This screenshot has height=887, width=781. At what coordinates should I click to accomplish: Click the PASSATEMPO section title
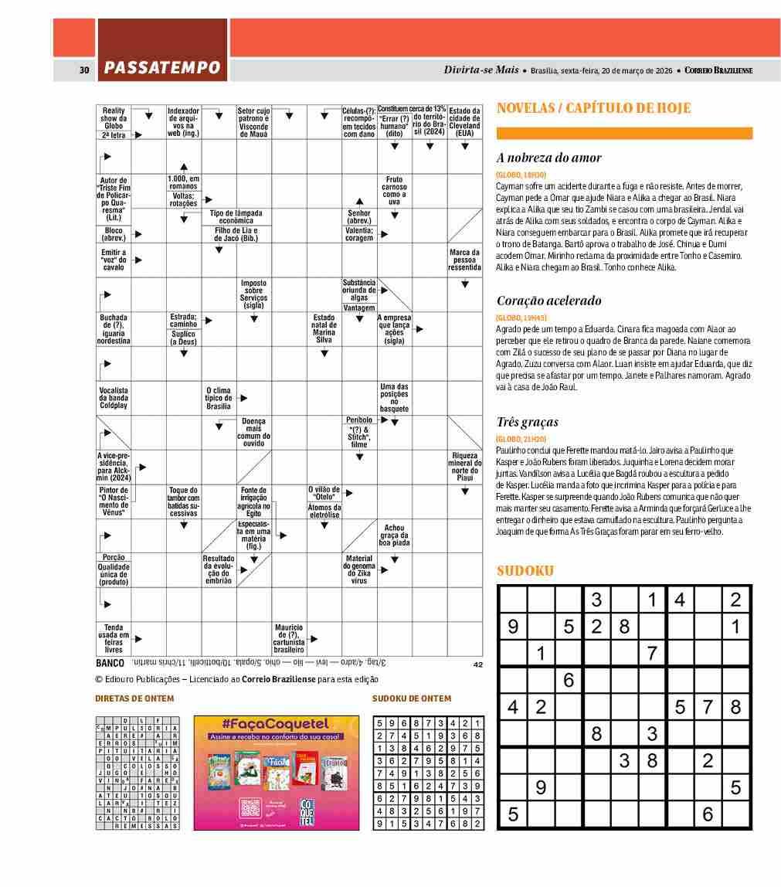[162, 69]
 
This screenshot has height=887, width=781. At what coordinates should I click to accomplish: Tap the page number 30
[84, 70]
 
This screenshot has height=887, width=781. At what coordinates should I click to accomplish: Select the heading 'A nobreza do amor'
[548, 158]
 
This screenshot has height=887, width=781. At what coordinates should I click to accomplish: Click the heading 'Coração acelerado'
[548, 301]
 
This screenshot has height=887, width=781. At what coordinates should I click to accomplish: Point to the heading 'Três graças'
[527, 422]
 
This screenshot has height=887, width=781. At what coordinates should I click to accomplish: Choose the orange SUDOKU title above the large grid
[525, 571]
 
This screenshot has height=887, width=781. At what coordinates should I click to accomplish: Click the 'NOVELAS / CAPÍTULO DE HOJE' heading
[593, 108]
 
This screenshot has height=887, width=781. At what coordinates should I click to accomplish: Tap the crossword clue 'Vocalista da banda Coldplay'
[114, 398]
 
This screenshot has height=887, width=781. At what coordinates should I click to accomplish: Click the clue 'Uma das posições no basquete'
[394, 397]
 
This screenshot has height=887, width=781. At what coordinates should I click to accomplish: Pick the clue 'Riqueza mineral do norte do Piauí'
[464, 467]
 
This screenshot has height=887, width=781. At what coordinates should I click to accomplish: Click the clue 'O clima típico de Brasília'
[219, 398]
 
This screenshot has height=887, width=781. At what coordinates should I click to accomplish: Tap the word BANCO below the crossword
[110, 663]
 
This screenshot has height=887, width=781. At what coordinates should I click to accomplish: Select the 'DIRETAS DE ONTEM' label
[134, 698]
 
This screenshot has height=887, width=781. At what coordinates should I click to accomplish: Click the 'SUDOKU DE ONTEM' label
[412, 698]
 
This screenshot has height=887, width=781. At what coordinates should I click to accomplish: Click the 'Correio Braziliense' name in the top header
[718, 70]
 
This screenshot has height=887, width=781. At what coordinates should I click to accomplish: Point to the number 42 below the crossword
[477, 664]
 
